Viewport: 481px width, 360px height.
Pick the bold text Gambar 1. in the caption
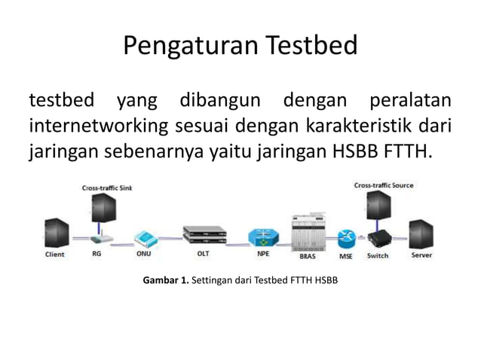tap(165, 281)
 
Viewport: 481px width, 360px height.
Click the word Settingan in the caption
tap(213, 281)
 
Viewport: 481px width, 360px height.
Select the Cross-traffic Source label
tap(383, 185)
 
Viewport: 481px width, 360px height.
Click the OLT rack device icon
tap(204, 236)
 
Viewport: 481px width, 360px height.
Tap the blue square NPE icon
tap(262, 236)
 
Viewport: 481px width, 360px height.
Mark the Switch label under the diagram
tap(378, 255)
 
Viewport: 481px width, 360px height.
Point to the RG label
tap(97, 255)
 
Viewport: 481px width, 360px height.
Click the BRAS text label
tap(308, 256)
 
